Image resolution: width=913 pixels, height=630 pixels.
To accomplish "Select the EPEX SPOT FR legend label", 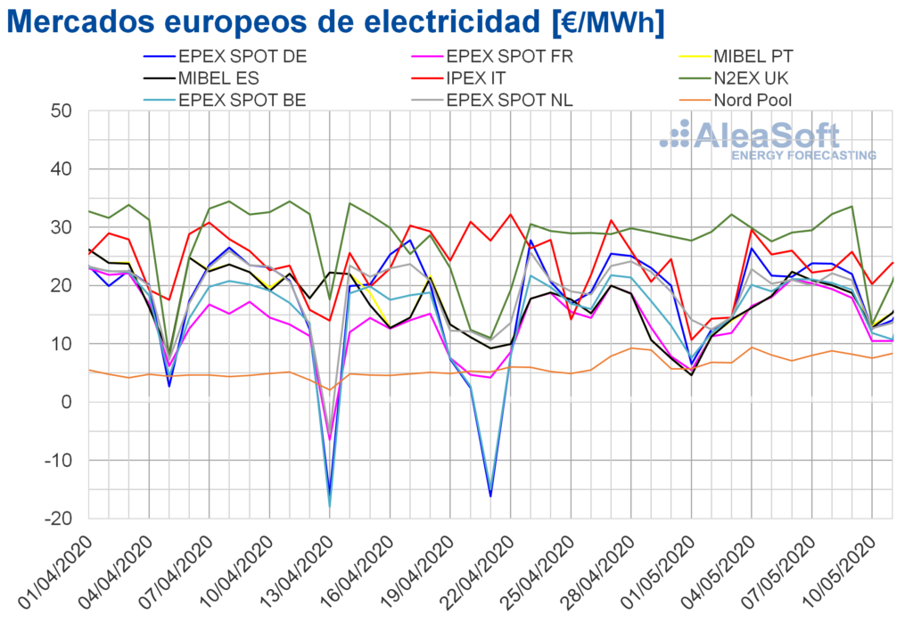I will pos(508,57).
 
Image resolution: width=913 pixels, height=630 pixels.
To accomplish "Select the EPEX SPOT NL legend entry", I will pos(509,100).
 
